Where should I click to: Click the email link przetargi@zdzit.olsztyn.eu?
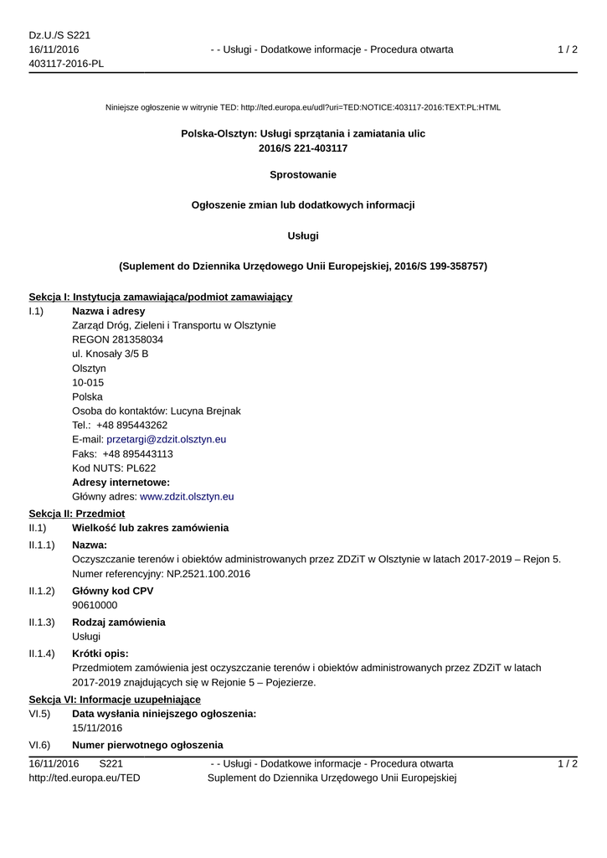[x=166, y=439]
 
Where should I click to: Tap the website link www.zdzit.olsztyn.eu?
[x=186, y=496]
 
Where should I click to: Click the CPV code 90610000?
[x=95, y=605]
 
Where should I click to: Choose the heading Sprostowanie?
[x=303, y=174]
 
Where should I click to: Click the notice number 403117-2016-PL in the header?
[x=66, y=64]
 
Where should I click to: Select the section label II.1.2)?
[x=42, y=591]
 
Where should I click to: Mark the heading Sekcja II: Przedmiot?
[x=76, y=513]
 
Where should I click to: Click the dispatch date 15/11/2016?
[x=97, y=727]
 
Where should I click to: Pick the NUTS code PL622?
[x=137, y=468]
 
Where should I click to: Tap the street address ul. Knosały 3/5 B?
[x=111, y=354]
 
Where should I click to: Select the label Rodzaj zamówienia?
[x=118, y=622]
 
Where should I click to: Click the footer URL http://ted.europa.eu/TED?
[x=85, y=778]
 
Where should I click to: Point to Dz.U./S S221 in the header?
[x=59, y=35]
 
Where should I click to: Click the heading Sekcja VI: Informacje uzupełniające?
[x=115, y=699]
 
